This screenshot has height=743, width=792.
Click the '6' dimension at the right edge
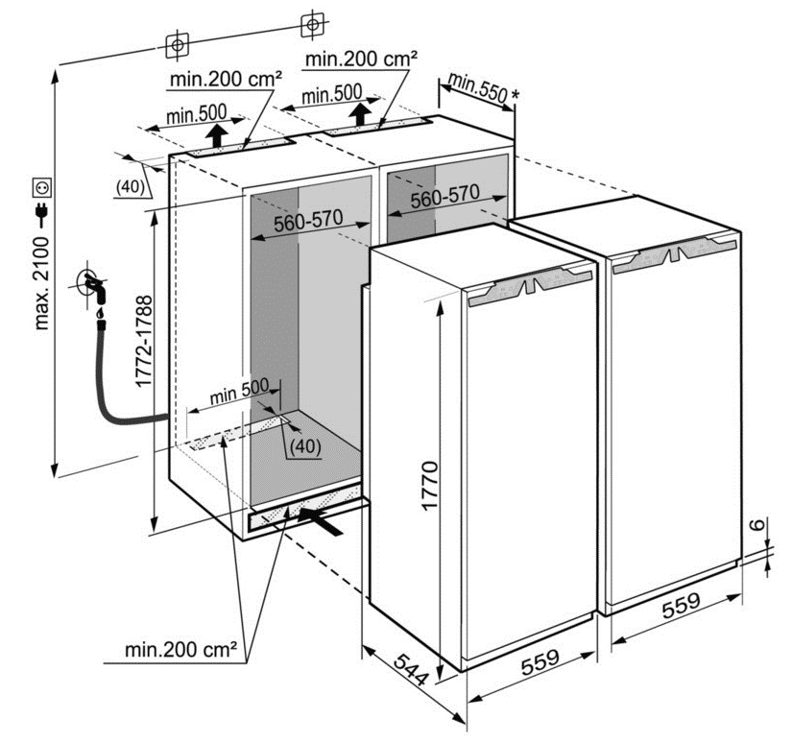click(x=758, y=525)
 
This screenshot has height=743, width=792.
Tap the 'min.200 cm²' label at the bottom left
click(x=180, y=649)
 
